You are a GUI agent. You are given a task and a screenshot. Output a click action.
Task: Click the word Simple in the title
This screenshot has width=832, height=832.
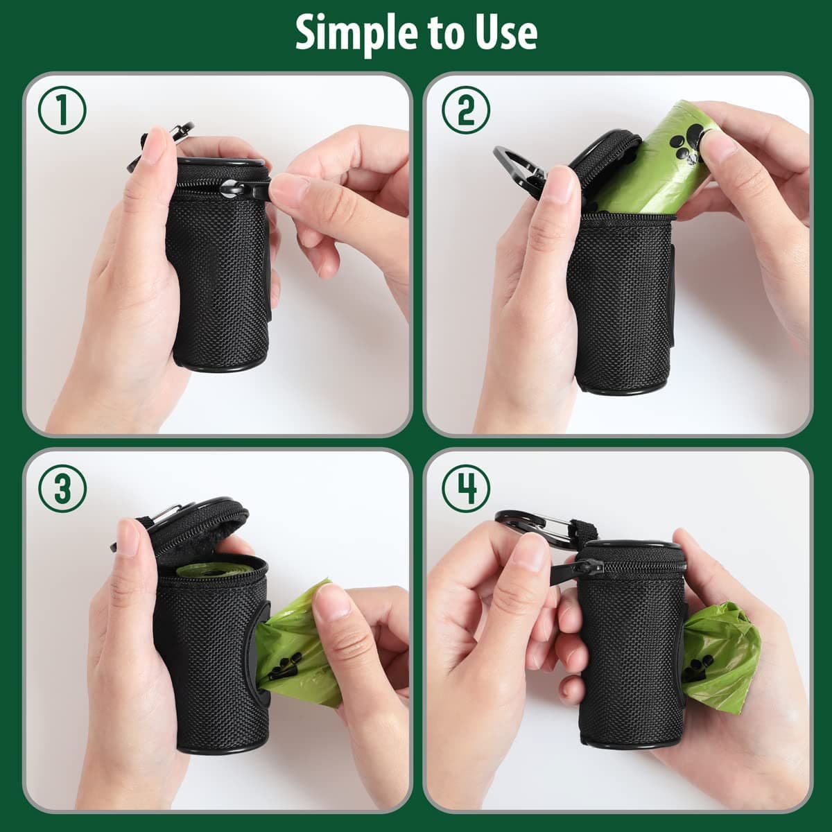click(347, 33)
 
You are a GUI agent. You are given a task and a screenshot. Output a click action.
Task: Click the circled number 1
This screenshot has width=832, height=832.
click(62, 112)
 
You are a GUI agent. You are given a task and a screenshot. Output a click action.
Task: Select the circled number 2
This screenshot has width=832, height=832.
click(466, 112)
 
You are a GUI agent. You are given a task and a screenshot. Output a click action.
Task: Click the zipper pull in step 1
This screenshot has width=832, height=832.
click(246, 189)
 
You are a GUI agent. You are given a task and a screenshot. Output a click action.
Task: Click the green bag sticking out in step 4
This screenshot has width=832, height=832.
click(721, 652)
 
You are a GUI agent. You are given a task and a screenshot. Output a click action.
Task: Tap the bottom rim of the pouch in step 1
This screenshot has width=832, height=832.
click(218, 365)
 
